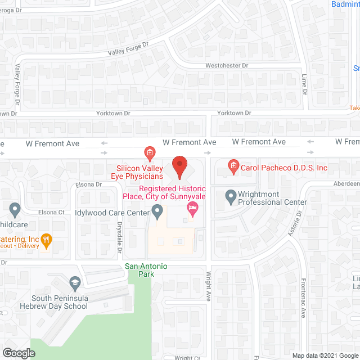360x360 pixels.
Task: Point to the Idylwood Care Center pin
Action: point(157,212)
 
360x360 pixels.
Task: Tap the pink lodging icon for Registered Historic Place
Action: point(193,210)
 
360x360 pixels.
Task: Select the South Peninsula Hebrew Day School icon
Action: point(75,282)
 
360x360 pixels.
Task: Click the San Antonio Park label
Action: point(146,270)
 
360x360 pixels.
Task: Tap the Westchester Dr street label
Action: point(227,65)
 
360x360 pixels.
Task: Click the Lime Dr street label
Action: point(304,84)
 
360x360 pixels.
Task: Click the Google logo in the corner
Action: point(18,353)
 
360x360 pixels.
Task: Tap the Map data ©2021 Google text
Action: point(324,355)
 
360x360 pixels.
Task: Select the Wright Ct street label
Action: point(187,357)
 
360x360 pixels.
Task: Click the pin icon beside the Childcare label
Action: point(15,210)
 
